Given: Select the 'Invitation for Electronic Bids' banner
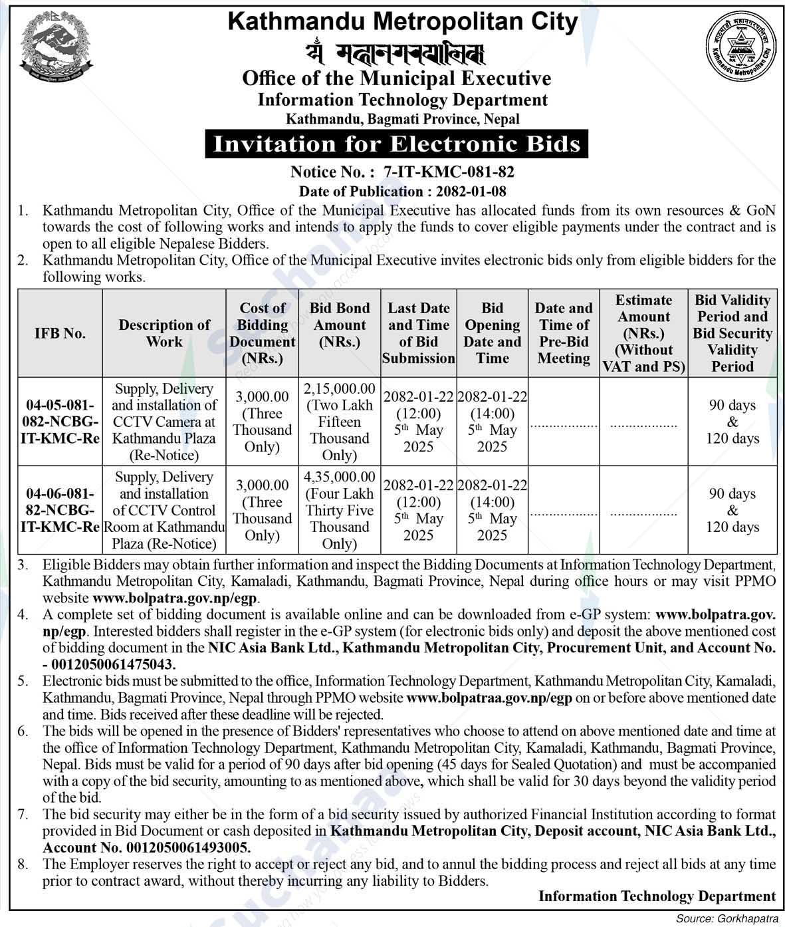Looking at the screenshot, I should (x=397, y=144).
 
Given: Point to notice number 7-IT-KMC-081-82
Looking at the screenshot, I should (x=449, y=172).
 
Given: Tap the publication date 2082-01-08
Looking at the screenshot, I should (x=471, y=192).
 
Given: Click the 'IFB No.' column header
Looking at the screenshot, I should (x=60, y=333).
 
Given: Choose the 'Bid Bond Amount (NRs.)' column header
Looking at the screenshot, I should (x=340, y=325).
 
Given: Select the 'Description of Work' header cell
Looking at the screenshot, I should (x=164, y=332).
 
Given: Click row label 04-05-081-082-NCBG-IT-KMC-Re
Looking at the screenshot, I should (x=60, y=422).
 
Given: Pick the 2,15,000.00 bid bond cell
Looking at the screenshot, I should (x=340, y=422).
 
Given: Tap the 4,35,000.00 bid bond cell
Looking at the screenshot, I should (x=340, y=510).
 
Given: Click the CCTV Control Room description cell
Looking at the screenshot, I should (x=164, y=510).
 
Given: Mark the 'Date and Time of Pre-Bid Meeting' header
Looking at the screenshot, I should (x=564, y=332).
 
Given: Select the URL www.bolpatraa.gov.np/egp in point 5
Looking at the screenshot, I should (x=489, y=698).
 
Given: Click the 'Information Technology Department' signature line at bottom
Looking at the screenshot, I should (x=657, y=896).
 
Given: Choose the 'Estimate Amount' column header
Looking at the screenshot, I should (x=643, y=332).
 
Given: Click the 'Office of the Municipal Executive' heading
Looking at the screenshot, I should (x=397, y=78).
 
